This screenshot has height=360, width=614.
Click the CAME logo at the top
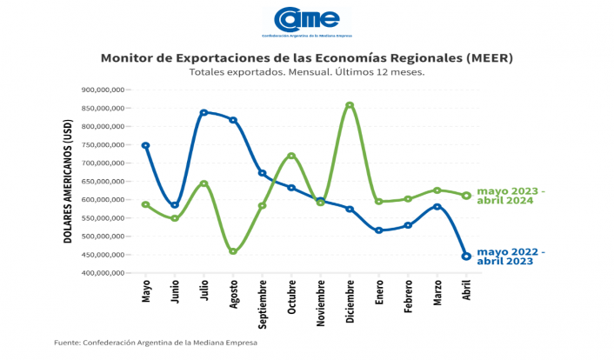tap(306, 22)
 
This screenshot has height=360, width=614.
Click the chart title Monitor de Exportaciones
tap(306, 58)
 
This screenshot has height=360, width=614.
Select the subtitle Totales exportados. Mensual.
tap(306, 72)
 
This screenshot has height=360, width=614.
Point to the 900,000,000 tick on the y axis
tap(103, 90)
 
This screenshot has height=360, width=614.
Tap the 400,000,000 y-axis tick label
tap(103, 273)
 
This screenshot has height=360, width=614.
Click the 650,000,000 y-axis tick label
tap(103, 181)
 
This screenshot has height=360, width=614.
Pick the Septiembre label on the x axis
tap(262, 301)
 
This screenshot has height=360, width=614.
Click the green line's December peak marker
tap(350, 106)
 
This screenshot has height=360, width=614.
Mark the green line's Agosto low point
tap(233, 251)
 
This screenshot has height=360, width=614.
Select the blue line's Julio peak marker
tap(204, 113)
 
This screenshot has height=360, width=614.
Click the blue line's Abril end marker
tap(466, 257)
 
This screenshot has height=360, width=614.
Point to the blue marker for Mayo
tap(145, 145)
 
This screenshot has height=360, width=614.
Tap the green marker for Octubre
tap(291, 157)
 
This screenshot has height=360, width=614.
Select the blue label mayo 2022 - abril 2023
tap(511, 257)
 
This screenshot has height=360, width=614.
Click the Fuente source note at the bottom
tap(157, 343)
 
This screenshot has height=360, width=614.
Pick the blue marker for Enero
tap(378, 230)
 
